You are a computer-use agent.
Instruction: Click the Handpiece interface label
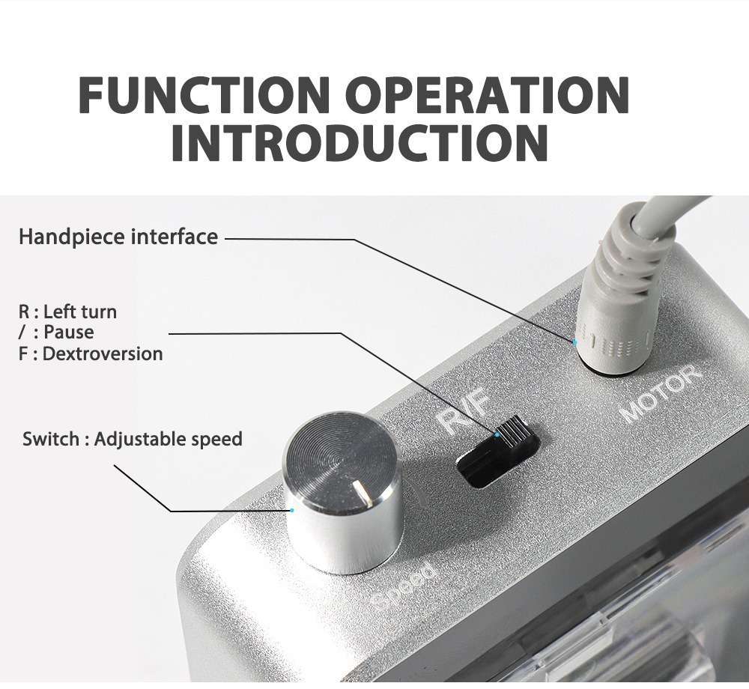click(118, 237)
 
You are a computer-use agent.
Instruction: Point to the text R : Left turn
click(67, 312)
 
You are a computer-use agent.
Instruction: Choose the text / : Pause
click(56, 333)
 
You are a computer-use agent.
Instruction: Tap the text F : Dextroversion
click(91, 353)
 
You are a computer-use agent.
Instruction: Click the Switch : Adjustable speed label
click(133, 440)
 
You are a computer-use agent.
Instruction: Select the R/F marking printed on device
click(464, 413)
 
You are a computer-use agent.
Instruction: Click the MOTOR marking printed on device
click(661, 392)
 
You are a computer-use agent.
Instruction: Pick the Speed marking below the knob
click(405, 588)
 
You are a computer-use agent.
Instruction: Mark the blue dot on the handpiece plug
click(574, 342)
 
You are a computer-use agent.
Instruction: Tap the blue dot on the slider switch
click(497, 435)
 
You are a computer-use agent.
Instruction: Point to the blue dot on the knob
click(292, 510)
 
